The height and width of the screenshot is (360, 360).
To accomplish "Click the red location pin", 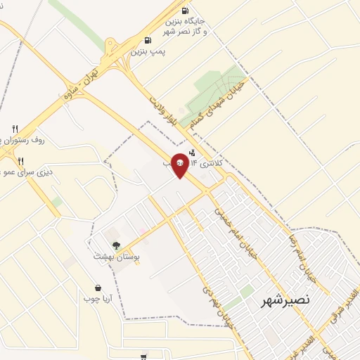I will [x=181, y=165].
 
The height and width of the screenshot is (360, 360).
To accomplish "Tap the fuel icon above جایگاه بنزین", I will [x=184, y=11].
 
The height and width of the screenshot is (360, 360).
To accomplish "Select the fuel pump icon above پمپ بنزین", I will [x=147, y=40].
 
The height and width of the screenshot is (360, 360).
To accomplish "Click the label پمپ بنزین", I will [x=148, y=52].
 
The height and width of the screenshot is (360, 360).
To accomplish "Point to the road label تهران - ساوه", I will [x=79, y=83].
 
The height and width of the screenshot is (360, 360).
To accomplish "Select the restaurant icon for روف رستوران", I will [x=15, y=129].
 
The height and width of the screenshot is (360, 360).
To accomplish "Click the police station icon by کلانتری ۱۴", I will [x=193, y=153].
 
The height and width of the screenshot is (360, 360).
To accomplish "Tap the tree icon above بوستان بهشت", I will [x=116, y=245].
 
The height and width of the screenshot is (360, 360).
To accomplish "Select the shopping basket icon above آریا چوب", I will [x=98, y=288].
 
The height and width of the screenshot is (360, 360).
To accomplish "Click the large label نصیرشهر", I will [x=285, y=300].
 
